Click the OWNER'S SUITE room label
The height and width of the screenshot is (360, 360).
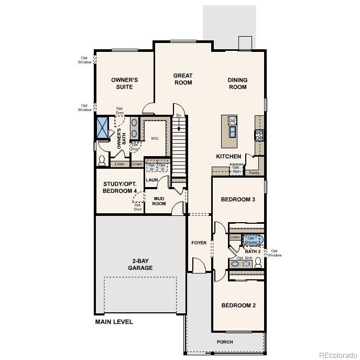click(x=124, y=83)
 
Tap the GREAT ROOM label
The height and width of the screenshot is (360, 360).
click(x=183, y=79)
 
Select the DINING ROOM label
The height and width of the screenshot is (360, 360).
click(x=237, y=84)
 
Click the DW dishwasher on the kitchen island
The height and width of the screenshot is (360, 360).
click(x=232, y=121)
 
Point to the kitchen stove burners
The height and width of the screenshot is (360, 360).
click(x=258, y=135)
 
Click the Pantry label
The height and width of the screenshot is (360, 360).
click(x=254, y=172)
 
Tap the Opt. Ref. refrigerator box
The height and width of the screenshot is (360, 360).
click(x=236, y=170)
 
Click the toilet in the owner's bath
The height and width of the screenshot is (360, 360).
click(x=102, y=160)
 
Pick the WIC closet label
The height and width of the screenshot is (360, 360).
click(x=155, y=139)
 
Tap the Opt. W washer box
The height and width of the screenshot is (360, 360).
click(x=152, y=167)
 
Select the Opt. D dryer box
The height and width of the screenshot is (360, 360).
click(x=163, y=167)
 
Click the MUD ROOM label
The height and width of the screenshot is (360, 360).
click(x=159, y=201)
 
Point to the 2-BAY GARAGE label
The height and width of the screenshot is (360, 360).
click(x=139, y=265)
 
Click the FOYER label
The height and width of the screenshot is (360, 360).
click(x=199, y=243)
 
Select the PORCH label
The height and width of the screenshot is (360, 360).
click(x=225, y=342)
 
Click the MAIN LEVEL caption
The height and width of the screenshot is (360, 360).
click(x=114, y=322)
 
